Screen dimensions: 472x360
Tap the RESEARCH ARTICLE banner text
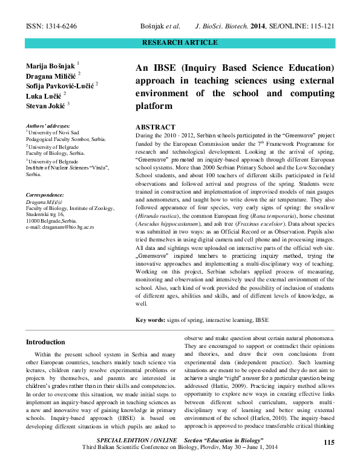click(179, 42)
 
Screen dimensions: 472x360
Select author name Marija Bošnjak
click(51, 64)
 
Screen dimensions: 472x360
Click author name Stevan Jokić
click(46, 105)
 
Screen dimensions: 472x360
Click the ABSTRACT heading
click(155, 128)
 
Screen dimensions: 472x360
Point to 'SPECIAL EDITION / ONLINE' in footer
click(137, 439)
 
